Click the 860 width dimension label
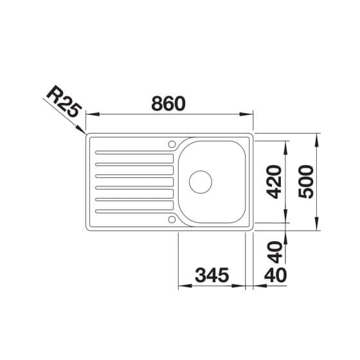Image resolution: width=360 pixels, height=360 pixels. (x=168, y=104)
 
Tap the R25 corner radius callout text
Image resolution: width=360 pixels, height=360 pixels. (x=64, y=102)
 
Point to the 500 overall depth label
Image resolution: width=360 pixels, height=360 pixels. (x=305, y=181)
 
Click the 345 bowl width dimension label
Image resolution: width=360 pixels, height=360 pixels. (x=212, y=275)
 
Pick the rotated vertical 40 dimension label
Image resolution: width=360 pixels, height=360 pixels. (x=275, y=252)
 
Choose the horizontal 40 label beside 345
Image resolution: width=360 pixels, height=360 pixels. (x=275, y=275)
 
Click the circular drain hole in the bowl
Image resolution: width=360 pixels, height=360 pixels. (x=201, y=182)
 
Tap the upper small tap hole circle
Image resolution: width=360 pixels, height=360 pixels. (x=172, y=144)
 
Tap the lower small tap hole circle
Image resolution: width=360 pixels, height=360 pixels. (x=172, y=219)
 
